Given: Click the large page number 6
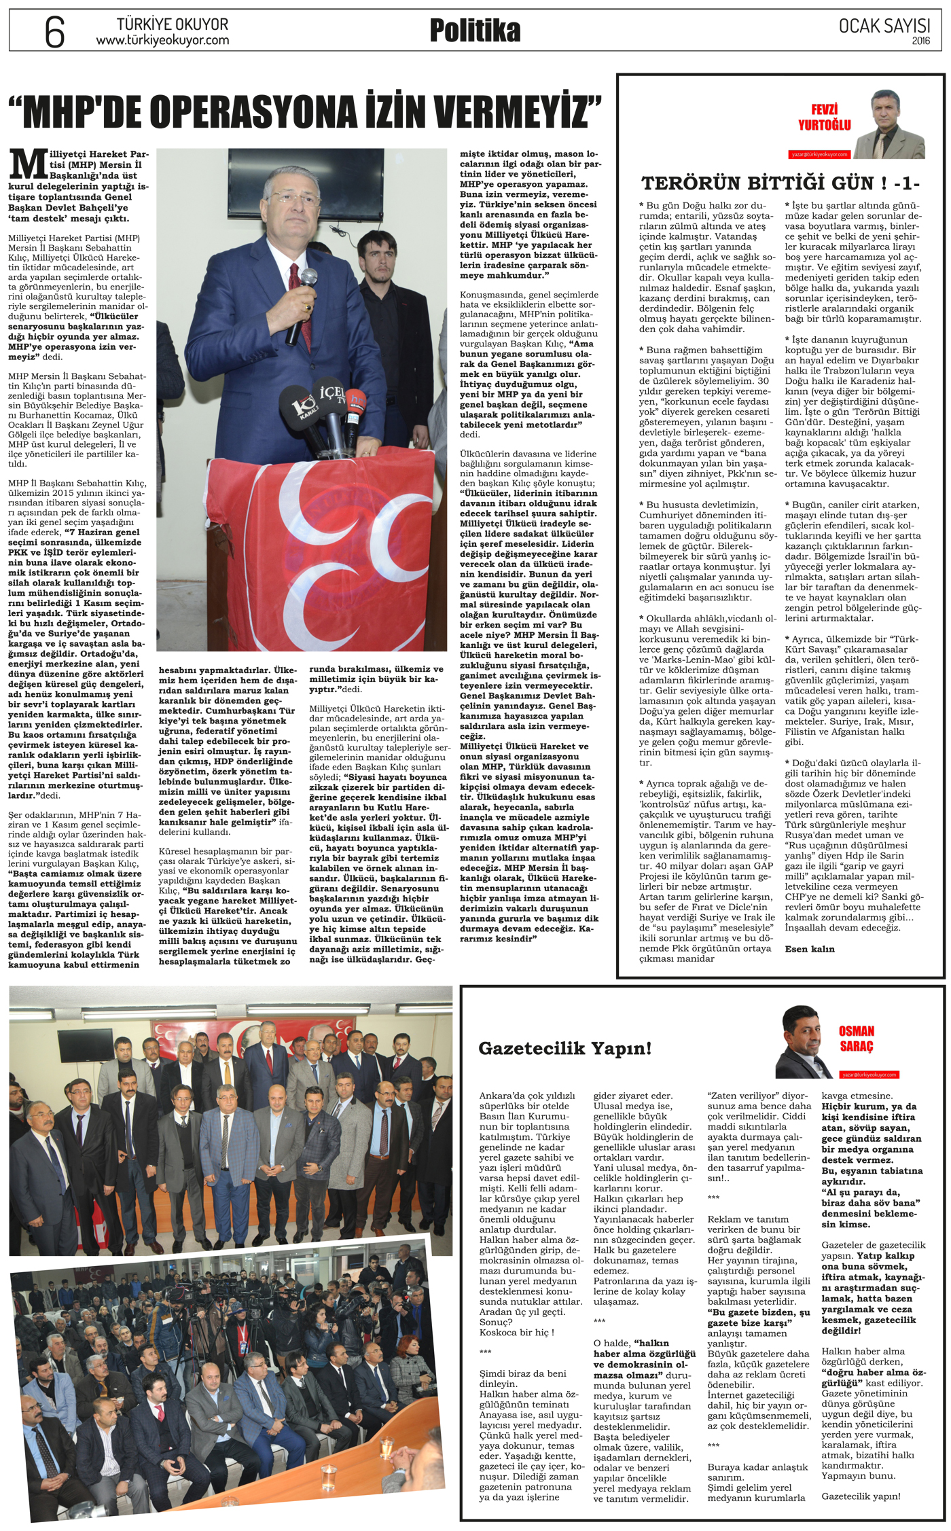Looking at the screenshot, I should [54, 31].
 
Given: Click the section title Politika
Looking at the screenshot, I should [475, 31].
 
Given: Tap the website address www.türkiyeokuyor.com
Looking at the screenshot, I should [162, 41].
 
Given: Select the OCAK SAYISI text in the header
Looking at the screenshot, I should [884, 26].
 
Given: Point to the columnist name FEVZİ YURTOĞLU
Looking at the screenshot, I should [824, 118].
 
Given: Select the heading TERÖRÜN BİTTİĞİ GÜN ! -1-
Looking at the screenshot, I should [780, 183].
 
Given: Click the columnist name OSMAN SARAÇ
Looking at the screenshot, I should [856, 1039].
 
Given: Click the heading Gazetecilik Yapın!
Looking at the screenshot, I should [564, 1048].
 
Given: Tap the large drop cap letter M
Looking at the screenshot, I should [28, 165].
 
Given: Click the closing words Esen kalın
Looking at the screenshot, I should [810, 949].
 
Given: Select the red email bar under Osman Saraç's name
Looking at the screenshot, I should [869, 1075].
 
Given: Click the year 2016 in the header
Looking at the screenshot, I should [920, 41].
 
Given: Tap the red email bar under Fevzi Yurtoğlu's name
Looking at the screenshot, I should [819, 154].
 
